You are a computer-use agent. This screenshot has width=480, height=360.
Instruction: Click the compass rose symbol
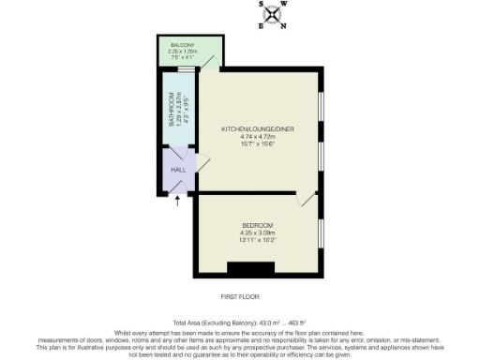(273, 14)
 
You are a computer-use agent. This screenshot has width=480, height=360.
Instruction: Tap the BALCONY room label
(182, 44)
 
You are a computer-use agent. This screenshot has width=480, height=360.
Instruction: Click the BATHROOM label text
(172, 110)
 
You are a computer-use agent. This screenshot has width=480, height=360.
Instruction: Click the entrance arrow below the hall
(176, 201)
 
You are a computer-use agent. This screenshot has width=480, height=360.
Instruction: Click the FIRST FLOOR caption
(239, 295)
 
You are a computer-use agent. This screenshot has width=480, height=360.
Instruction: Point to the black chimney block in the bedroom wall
(246, 270)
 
